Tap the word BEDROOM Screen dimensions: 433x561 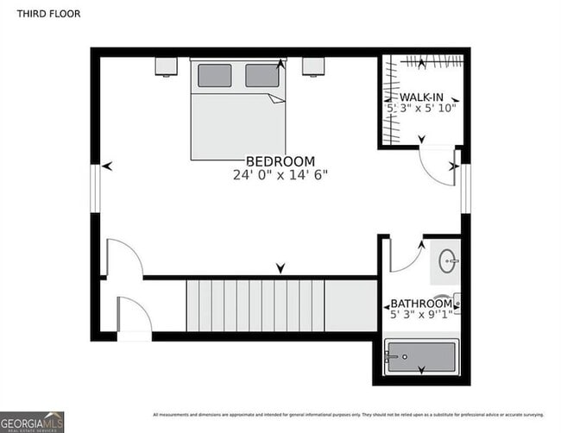tap(280, 161)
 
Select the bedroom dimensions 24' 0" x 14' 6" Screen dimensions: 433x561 tap(280, 175)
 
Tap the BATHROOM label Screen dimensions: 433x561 tap(421, 304)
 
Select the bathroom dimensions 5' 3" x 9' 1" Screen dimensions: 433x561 tap(421, 316)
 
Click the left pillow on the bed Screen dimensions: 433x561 tap(214, 76)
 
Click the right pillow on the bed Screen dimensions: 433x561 tap(262, 76)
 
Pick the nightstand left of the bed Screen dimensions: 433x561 tap(166, 66)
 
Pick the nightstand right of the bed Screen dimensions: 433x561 tap(312, 66)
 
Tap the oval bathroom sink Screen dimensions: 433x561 tap(447, 260)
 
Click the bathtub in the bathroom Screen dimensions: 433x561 tap(421, 356)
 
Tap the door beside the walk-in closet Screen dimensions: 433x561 tap(436, 166)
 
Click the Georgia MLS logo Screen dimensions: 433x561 tap(33, 422)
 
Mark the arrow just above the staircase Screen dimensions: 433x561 tap(280, 269)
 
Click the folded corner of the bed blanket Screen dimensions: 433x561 tap(276, 98)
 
